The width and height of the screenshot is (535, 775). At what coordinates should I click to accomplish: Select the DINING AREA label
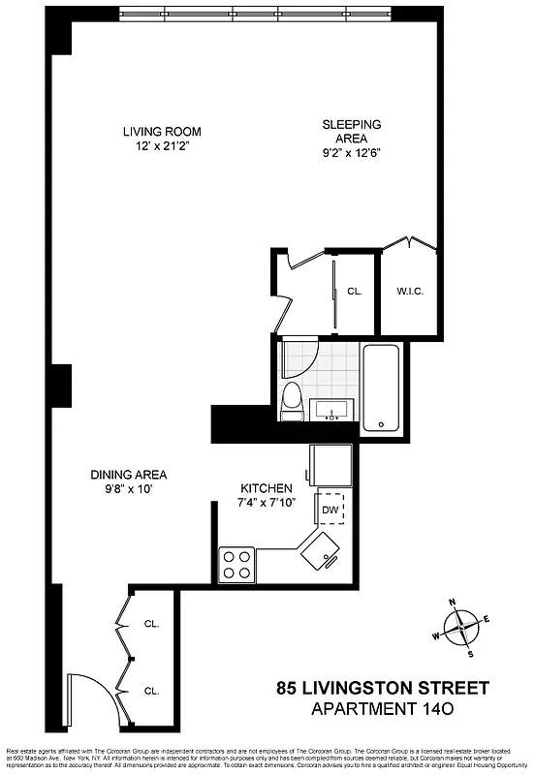click(x=128, y=475)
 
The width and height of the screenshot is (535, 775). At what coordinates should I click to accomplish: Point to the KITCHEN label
click(x=267, y=487)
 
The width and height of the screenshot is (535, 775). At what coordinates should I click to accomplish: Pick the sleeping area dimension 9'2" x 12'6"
click(x=351, y=153)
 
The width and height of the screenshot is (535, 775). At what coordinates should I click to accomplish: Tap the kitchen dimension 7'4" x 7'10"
click(x=267, y=503)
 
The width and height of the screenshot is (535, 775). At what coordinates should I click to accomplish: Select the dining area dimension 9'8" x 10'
click(x=128, y=489)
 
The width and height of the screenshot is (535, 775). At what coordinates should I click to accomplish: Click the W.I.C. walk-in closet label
click(x=410, y=291)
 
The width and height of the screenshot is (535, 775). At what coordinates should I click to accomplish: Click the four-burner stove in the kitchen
click(x=236, y=563)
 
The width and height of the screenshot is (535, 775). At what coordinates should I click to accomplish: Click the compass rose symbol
click(x=463, y=627)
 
